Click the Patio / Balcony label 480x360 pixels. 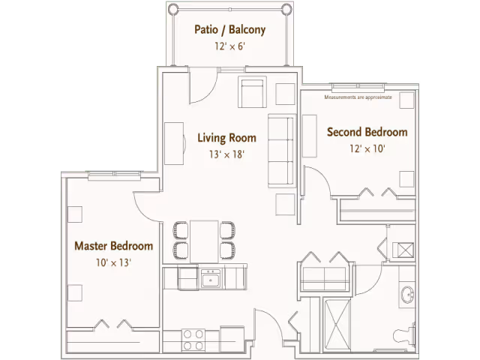pos(230,30)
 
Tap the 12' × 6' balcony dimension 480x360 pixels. pos(230,46)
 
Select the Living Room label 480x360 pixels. pos(226,138)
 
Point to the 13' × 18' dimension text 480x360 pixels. pos(226,154)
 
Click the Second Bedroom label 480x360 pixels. pos(367,132)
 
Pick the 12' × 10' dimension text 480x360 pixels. pos(367,148)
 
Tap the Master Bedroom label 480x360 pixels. pos(114,246)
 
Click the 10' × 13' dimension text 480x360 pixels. pos(113,262)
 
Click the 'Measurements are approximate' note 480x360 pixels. pos(358,97)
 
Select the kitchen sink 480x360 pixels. pos(210,278)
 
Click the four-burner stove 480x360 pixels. pos(193,340)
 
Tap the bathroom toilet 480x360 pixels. pos(404,336)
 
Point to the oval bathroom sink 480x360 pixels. pos(407,295)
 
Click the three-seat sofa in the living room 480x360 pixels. pos(282,151)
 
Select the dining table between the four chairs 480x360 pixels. pos(204,241)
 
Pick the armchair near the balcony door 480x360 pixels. pos(252,91)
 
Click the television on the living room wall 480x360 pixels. pos(175,143)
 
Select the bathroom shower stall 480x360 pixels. pos(337,325)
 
